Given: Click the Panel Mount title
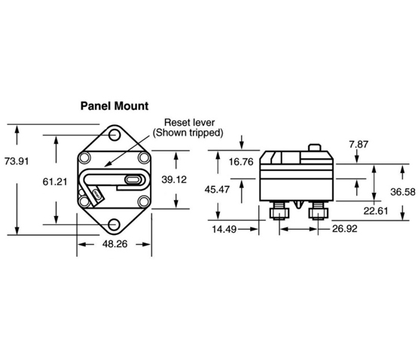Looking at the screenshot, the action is tap(114, 106).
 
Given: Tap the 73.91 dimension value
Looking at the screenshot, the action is tap(17, 161).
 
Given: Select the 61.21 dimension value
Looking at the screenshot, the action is tap(55, 182).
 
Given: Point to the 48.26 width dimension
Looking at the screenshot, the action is tap(115, 244).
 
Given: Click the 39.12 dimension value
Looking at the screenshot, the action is tap(174, 179).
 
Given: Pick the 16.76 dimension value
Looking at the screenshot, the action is tap(241, 162).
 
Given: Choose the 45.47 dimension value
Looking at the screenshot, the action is tap(217, 190).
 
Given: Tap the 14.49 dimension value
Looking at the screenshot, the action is tap(224, 229).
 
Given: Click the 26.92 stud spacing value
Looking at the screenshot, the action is tap(345, 229).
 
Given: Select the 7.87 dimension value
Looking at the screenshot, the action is tap(359, 145).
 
